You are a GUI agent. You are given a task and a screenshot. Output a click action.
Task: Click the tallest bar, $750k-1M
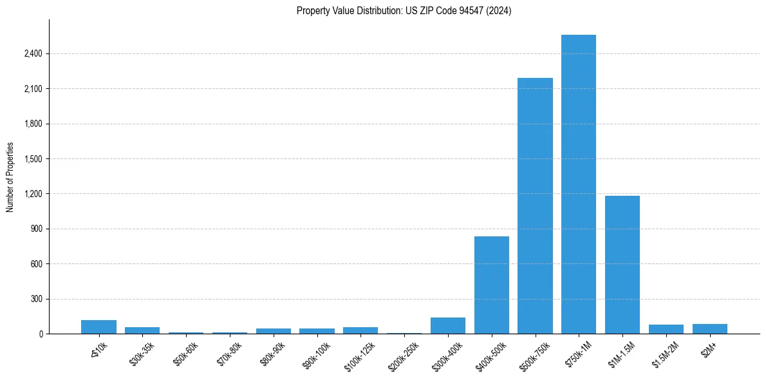(579, 184)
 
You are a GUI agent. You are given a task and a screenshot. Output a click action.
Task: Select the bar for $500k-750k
(535, 206)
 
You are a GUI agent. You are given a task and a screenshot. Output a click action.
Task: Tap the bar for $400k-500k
(492, 285)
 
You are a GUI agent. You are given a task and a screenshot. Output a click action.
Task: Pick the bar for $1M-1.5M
(622, 265)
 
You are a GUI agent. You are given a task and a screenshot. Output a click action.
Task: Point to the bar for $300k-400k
(448, 326)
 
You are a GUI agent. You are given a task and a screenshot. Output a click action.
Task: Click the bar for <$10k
(98, 327)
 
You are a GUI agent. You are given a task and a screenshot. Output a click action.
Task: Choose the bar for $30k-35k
(142, 330)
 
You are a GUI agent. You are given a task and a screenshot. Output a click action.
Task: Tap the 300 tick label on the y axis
(37, 299)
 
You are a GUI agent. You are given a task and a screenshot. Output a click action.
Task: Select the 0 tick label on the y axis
(41, 334)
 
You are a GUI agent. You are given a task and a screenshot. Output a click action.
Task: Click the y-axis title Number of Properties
(10, 176)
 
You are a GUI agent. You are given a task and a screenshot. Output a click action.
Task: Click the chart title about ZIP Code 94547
(404, 11)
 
